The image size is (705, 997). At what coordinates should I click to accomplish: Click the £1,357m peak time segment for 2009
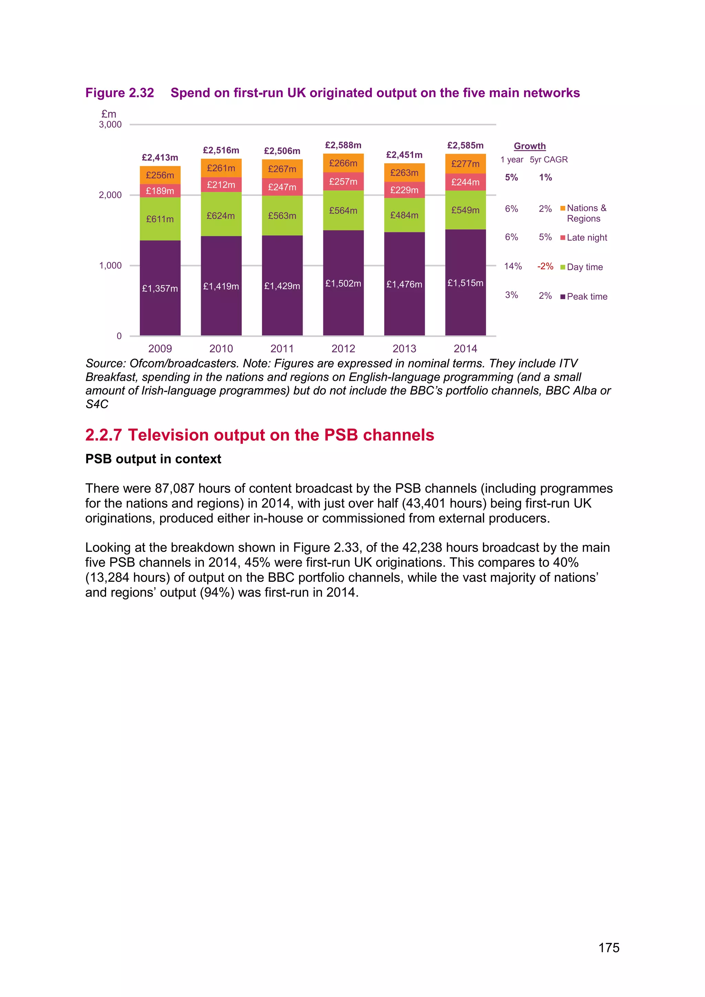click(x=160, y=288)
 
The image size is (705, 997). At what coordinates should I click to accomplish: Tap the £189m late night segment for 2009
click(x=160, y=191)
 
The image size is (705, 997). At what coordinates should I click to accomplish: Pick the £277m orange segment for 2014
click(x=465, y=164)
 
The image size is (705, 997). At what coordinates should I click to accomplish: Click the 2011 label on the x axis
click(x=282, y=349)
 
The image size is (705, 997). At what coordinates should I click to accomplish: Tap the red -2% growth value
click(x=545, y=266)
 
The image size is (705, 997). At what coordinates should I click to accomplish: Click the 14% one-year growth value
click(x=513, y=266)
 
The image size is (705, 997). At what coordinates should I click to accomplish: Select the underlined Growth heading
click(x=530, y=146)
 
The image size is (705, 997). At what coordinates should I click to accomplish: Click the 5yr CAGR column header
click(x=549, y=160)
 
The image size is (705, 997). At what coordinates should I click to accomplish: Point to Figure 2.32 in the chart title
click(x=120, y=93)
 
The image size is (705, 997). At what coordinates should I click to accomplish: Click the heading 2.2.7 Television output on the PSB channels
click(x=260, y=435)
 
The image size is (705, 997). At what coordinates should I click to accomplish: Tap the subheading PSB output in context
click(x=153, y=459)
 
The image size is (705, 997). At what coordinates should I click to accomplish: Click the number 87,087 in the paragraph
click(x=175, y=489)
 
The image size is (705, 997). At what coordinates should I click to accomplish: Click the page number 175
click(x=609, y=948)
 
